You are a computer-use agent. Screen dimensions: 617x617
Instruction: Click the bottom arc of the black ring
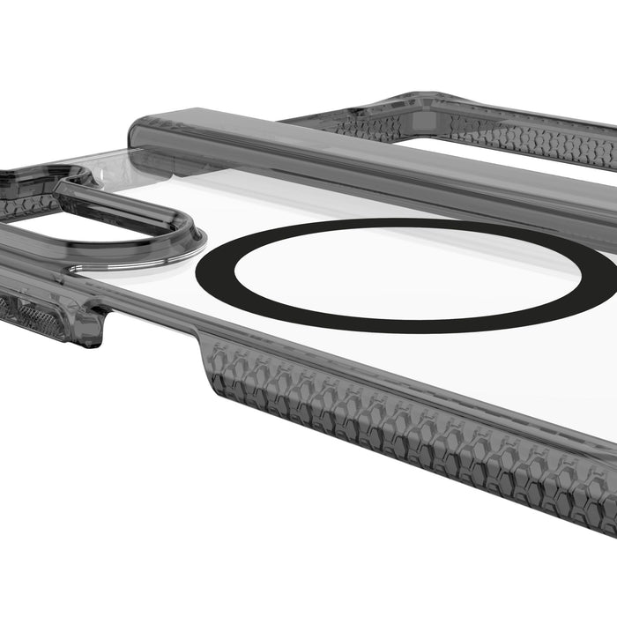[x=397, y=327]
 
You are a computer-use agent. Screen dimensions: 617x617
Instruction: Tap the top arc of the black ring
[x=397, y=223]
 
